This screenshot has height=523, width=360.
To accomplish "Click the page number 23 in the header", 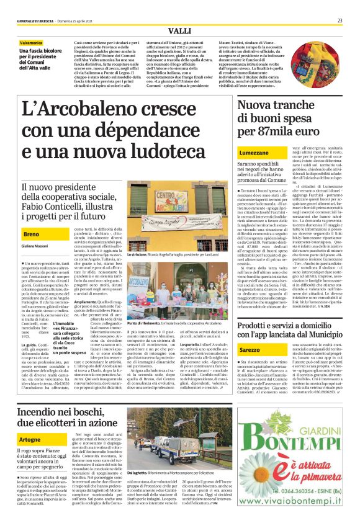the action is click(x=340, y=20).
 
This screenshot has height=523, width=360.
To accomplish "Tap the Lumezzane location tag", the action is click(x=240, y=153).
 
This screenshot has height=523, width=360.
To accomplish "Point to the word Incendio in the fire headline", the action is click(x=43, y=412).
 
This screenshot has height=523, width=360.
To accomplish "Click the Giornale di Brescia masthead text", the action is click(x=36, y=20).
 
